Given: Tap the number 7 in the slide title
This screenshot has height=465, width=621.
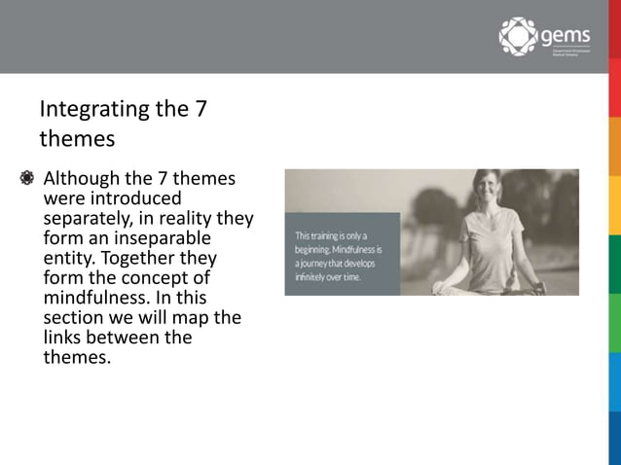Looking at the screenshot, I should (201, 108).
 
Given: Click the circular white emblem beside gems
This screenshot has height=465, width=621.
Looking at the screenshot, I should (518, 36).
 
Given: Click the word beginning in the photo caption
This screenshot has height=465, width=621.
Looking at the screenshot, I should (318, 249).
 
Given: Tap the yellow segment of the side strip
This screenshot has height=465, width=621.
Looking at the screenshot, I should (615, 204).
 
